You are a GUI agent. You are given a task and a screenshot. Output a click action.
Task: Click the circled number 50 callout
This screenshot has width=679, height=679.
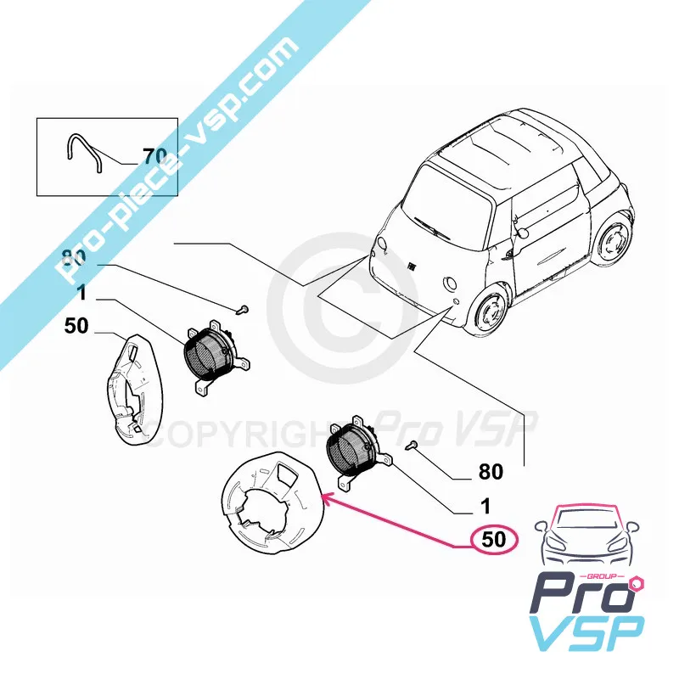(494, 540)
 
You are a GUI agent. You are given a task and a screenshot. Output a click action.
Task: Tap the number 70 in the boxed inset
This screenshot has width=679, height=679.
(154, 156)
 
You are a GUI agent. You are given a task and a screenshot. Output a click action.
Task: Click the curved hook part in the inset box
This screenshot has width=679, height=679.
(84, 153)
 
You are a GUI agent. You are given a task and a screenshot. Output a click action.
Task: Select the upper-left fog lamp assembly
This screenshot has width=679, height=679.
(216, 357)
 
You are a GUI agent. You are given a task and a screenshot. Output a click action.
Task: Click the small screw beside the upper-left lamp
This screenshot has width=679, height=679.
(243, 310)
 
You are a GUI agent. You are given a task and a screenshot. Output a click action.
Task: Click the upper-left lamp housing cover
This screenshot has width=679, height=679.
(134, 389)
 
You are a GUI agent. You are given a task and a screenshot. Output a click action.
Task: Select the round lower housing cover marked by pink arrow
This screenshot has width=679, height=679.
(272, 503)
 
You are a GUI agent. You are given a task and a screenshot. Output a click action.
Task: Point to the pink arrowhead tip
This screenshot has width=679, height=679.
(323, 498)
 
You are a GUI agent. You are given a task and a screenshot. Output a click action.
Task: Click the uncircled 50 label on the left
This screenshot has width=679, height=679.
(76, 326)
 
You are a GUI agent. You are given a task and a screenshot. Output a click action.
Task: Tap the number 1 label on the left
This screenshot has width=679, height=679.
(81, 293)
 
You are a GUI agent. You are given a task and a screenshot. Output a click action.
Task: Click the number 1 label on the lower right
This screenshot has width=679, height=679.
(485, 506)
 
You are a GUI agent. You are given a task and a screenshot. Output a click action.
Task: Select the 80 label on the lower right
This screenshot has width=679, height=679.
(491, 472)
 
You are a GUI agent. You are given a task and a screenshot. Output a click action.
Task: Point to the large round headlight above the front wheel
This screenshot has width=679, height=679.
(451, 283)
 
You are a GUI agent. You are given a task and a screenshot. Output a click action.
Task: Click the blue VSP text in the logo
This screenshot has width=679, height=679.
(587, 633)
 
